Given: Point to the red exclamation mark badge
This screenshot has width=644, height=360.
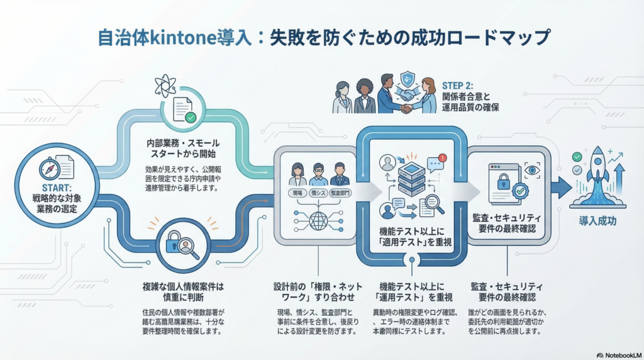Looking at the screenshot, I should point(442,158).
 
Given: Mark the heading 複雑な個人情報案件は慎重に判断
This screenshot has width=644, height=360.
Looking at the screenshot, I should point(183,293).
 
